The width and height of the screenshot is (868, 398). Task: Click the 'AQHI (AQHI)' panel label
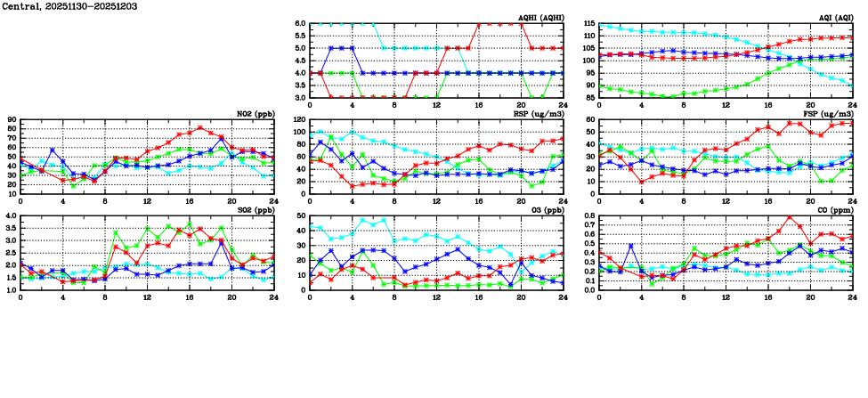point(539,18)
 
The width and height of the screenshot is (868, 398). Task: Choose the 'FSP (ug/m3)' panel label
point(830,114)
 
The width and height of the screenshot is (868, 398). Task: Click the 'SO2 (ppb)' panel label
point(255,210)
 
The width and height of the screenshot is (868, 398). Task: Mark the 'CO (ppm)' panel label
point(835,210)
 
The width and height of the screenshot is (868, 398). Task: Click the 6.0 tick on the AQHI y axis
point(300,23)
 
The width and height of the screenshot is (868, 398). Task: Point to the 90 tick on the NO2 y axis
point(12,119)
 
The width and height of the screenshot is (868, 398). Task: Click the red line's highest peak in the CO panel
point(789,217)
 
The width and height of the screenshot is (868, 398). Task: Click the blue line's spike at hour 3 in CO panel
point(630,246)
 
